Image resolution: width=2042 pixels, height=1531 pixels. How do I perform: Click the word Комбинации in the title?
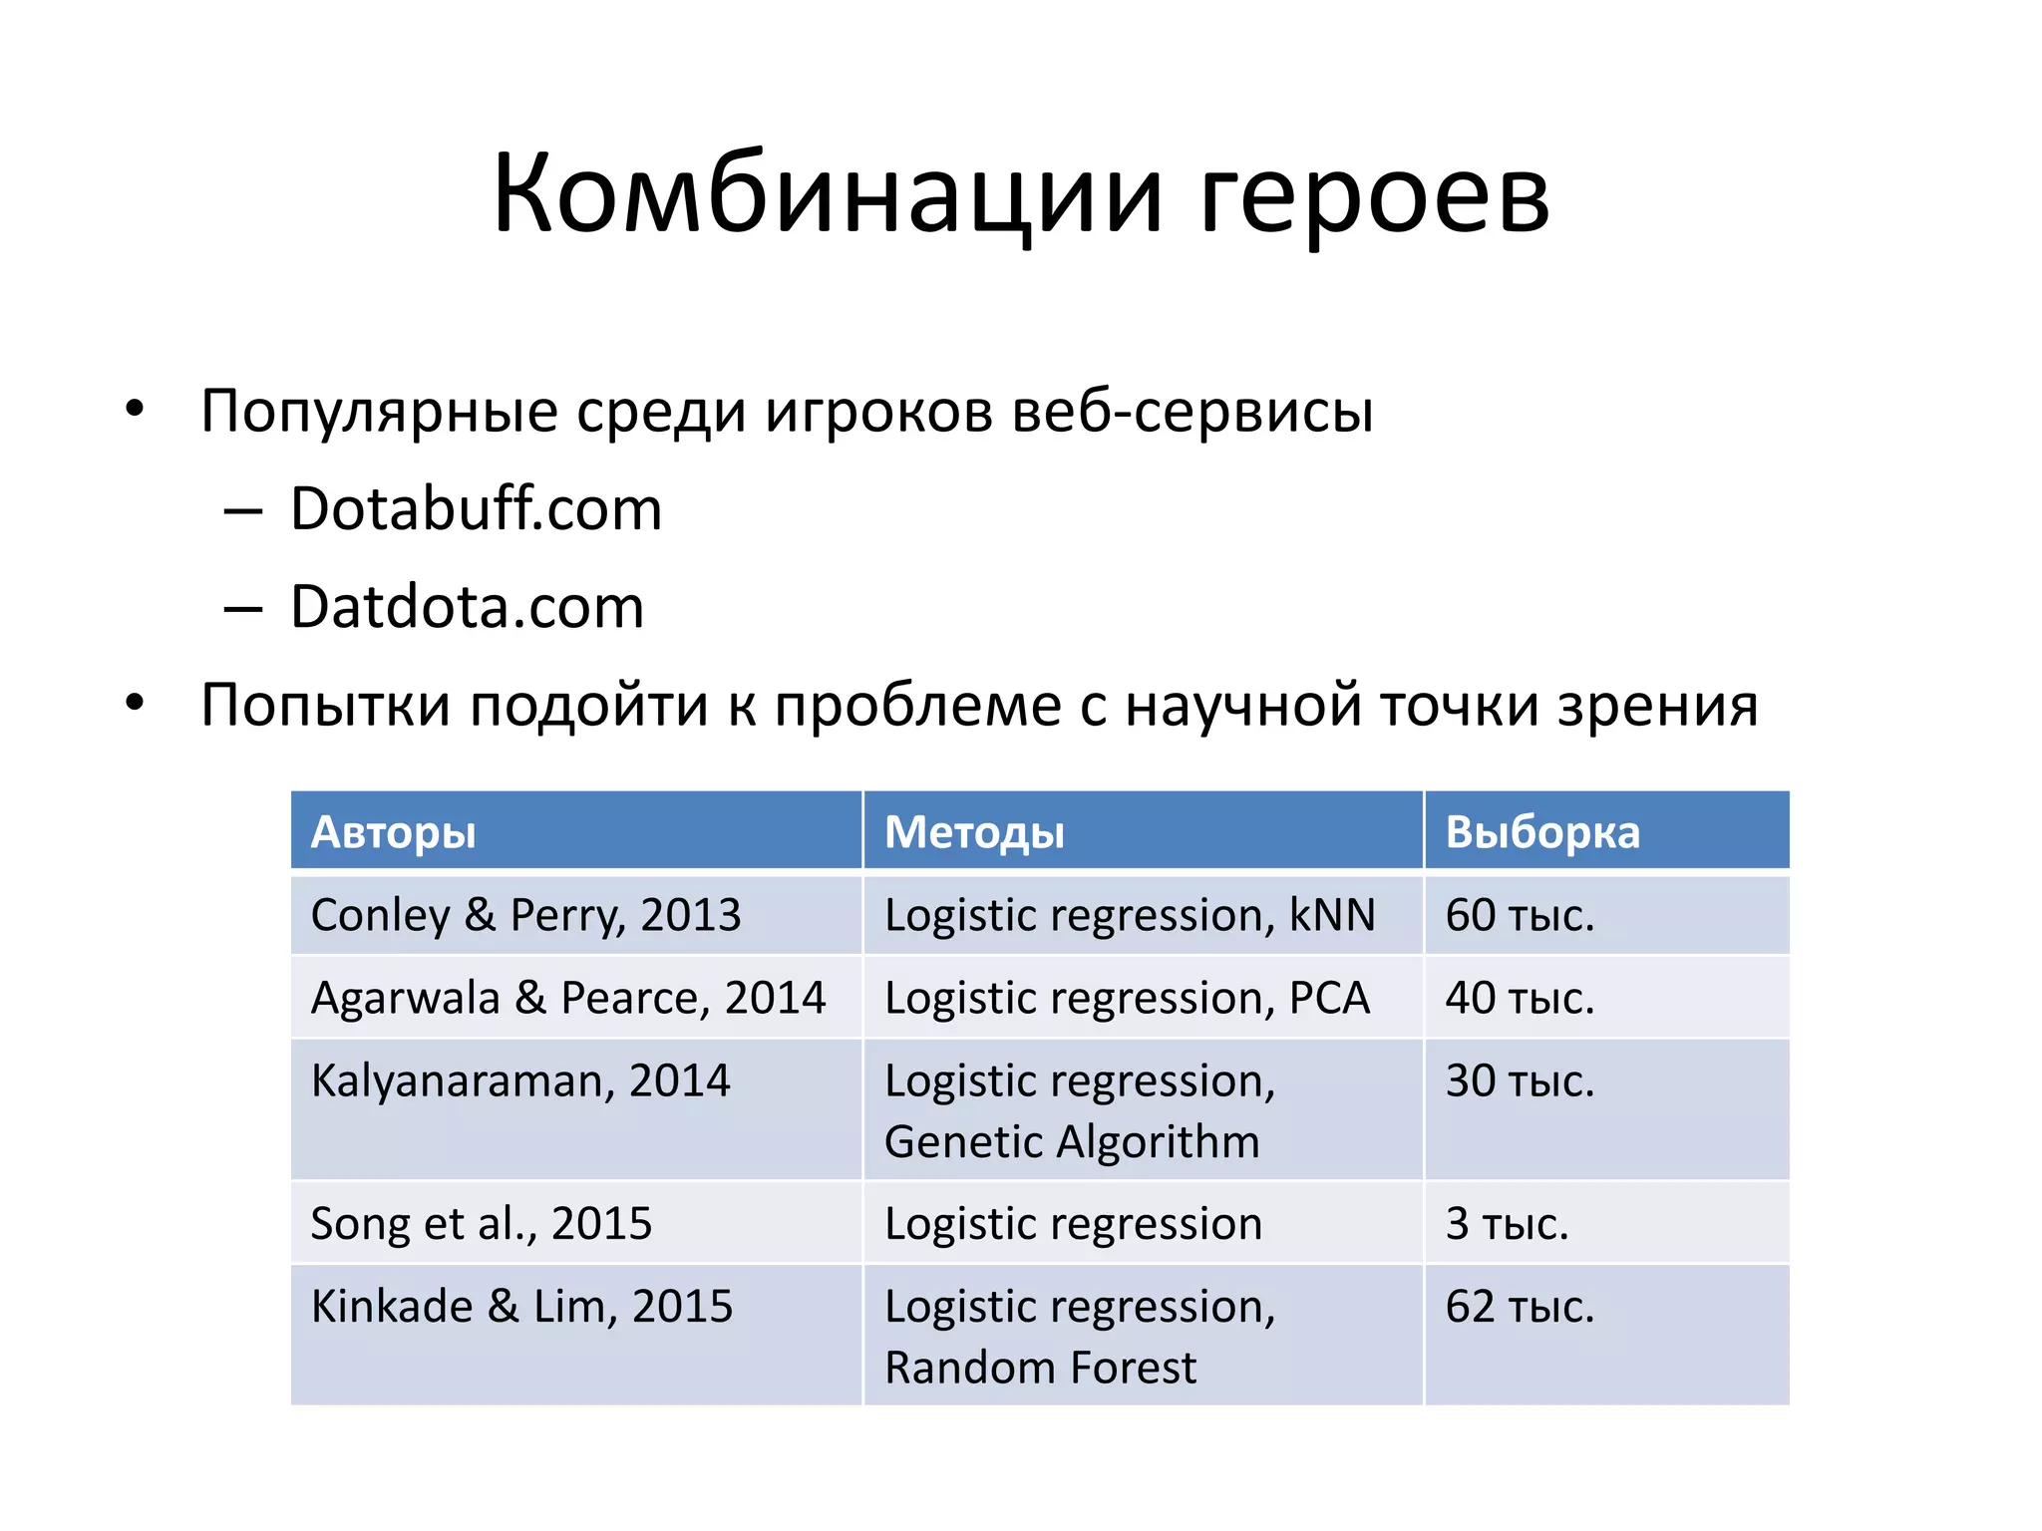(827, 194)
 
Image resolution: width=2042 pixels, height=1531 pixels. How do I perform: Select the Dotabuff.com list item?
(476, 509)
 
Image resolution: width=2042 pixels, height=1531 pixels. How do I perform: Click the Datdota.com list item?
(467, 607)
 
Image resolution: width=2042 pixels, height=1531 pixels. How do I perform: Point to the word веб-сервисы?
(1192, 411)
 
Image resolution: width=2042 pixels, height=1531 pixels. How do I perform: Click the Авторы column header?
(393, 832)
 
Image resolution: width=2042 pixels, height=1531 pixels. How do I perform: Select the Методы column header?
(974, 832)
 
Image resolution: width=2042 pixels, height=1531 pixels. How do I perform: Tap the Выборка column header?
(1541, 832)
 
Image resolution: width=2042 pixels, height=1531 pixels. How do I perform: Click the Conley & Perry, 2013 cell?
(525, 915)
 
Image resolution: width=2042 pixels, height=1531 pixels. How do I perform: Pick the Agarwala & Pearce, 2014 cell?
(568, 998)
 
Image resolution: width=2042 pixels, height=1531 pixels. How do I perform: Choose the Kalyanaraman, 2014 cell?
(520, 1081)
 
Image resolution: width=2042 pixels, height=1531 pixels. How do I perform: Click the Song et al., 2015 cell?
(481, 1224)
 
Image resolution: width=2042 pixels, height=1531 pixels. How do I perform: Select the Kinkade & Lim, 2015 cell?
(521, 1307)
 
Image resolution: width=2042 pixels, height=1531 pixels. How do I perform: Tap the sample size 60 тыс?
(1520, 915)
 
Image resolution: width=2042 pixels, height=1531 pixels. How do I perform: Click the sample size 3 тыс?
(1507, 1224)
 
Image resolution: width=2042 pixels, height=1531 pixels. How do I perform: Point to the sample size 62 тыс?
(1520, 1307)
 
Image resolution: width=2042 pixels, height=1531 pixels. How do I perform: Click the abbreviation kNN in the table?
(1332, 915)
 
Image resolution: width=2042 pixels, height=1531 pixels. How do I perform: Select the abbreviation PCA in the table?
(1329, 998)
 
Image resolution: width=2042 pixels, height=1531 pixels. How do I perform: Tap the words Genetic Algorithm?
(1072, 1142)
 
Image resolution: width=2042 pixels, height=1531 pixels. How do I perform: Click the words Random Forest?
(1040, 1369)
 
